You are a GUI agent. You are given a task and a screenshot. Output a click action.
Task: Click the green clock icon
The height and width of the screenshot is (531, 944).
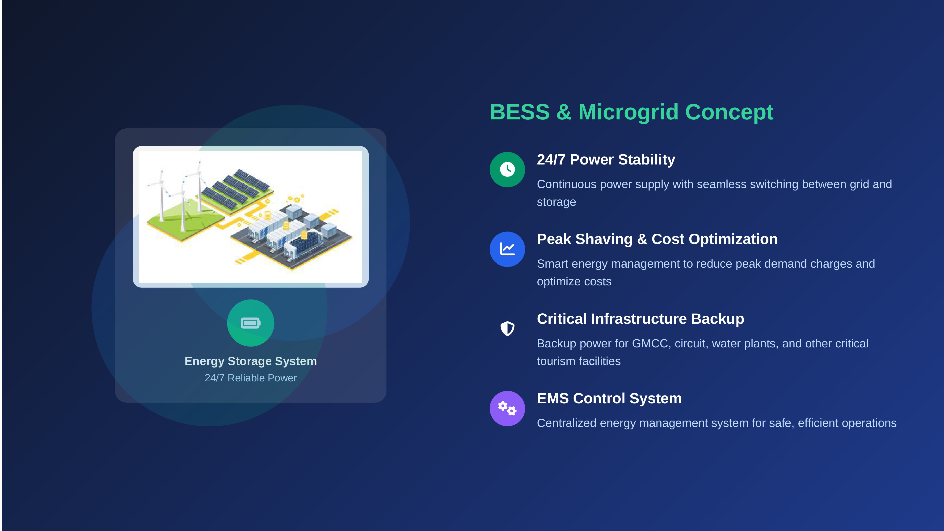pyautogui.click(x=507, y=169)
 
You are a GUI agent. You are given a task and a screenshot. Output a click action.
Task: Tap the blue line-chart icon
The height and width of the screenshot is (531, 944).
pyautogui.click(x=507, y=249)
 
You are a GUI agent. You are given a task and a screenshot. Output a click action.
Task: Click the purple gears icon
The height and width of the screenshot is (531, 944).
pyautogui.click(x=507, y=408)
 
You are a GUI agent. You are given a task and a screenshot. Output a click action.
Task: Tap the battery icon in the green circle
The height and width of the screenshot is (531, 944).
pyautogui.click(x=251, y=323)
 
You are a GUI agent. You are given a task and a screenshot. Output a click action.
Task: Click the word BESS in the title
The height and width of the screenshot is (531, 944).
pyautogui.click(x=520, y=112)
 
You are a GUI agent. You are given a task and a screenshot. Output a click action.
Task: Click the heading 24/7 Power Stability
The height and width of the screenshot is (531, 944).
pyautogui.click(x=606, y=160)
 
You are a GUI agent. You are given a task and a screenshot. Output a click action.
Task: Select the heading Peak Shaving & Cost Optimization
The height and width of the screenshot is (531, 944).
pyautogui.click(x=657, y=239)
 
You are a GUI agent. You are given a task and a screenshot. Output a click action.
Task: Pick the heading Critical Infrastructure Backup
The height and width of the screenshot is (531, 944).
pyautogui.click(x=640, y=319)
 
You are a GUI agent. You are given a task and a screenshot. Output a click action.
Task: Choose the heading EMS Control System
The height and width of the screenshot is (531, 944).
pyautogui.click(x=609, y=398)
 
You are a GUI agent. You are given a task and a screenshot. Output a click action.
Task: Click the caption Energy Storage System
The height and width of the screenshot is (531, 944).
pyautogui.click(x=251, y=361)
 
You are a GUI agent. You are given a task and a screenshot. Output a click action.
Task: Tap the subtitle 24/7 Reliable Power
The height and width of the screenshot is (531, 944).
pyautogui.click(x=251, y=378)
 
